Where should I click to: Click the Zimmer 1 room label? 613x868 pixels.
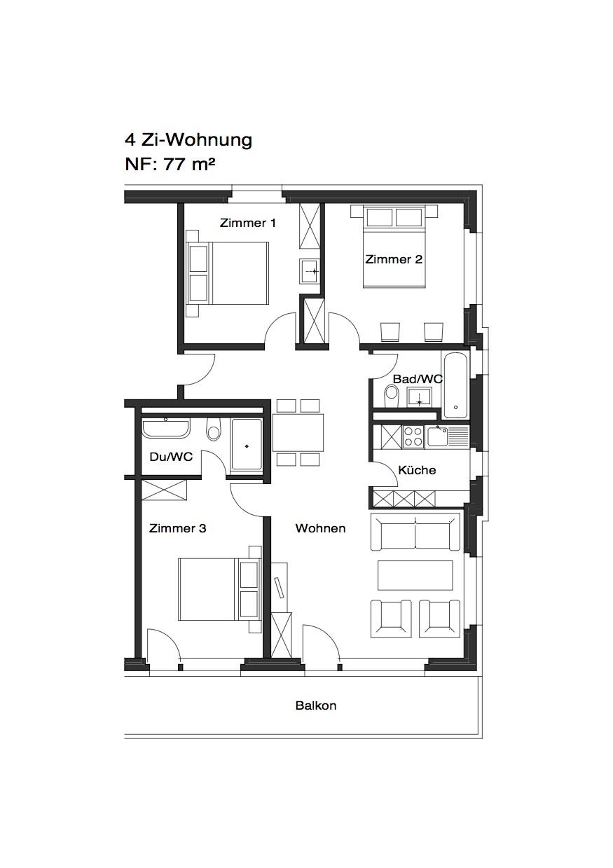tap(247, 223)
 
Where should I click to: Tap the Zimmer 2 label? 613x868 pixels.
tap(394, 259)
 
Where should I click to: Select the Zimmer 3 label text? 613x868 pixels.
tap(177, 528)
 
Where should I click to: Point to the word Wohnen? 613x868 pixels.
tap(320, 528)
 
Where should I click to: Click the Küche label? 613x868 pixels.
tap(417, 470)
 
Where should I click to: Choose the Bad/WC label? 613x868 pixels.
tap(418, 378)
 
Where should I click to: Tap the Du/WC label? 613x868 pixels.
tap(171, 457)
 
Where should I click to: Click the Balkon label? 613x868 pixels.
tap(316, 705)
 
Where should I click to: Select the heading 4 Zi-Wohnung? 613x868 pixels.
tap(188, 139)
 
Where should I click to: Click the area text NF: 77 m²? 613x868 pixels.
tap(170, 165)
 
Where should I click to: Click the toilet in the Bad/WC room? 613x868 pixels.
tap(392, 395)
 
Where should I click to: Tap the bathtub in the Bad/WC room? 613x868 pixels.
tap(455, 385)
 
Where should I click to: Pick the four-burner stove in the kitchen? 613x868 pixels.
tap(414, 436)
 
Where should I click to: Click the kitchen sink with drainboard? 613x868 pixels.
tap(447, 436)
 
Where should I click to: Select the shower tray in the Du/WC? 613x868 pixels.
tap(247, 444)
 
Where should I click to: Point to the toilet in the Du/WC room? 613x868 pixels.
tap(214, 429)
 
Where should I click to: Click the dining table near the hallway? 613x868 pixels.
tap(298, 433)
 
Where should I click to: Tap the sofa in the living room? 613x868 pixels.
tap(415, 532)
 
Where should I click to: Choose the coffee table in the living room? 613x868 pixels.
tap(415, 575)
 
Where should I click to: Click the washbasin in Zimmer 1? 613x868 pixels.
tap(310, 271)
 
